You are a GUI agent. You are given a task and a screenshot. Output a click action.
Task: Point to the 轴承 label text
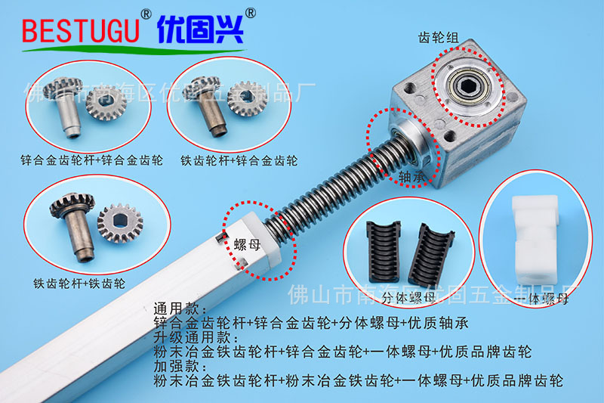click(x=413, y=176)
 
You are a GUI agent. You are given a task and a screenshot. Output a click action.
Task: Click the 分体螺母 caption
click(x=411, y=297)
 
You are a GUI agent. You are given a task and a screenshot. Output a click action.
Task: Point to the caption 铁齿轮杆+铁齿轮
click(x=79, y=284)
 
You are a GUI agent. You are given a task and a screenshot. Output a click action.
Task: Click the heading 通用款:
click(x=174, y=309)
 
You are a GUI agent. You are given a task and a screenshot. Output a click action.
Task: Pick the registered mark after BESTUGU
click(x=146, y=13)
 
